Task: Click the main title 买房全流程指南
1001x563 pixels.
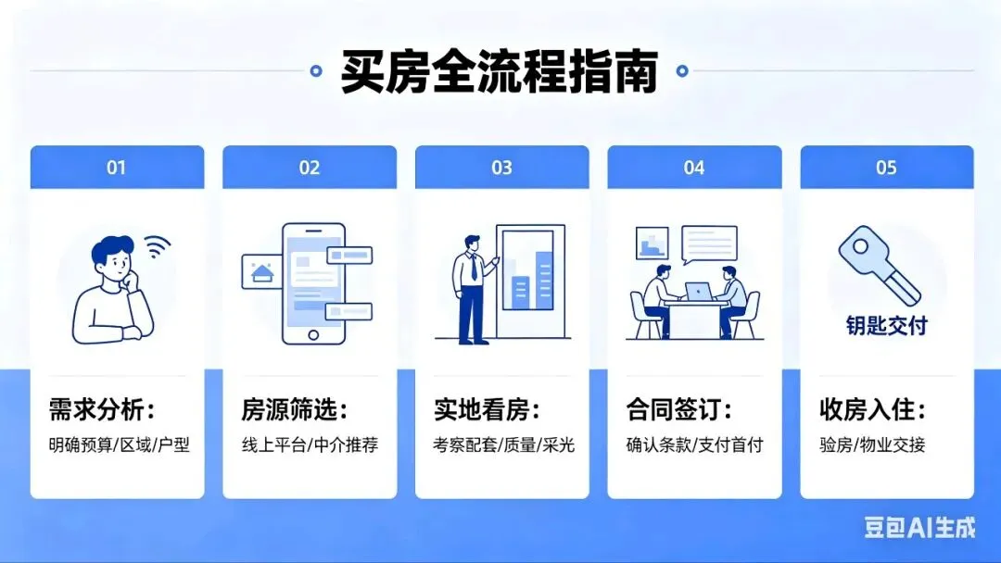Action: [500, 71]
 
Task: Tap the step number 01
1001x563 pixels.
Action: [116, 168]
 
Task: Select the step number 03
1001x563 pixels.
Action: [501, 168]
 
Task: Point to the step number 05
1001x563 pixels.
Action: [886, 168]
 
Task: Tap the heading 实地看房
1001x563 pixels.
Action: [487, 409]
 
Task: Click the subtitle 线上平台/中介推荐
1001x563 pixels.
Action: [310, 444]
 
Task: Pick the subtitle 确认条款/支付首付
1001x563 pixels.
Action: [694, 444]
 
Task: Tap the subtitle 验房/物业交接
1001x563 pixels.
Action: [872, 444]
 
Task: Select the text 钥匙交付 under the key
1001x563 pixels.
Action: [886, 326]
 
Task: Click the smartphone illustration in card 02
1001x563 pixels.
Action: [314, 283]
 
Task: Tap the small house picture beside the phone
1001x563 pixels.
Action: [261, 271]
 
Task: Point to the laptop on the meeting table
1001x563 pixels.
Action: [697, 292]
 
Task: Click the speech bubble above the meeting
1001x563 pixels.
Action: [709, 243]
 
